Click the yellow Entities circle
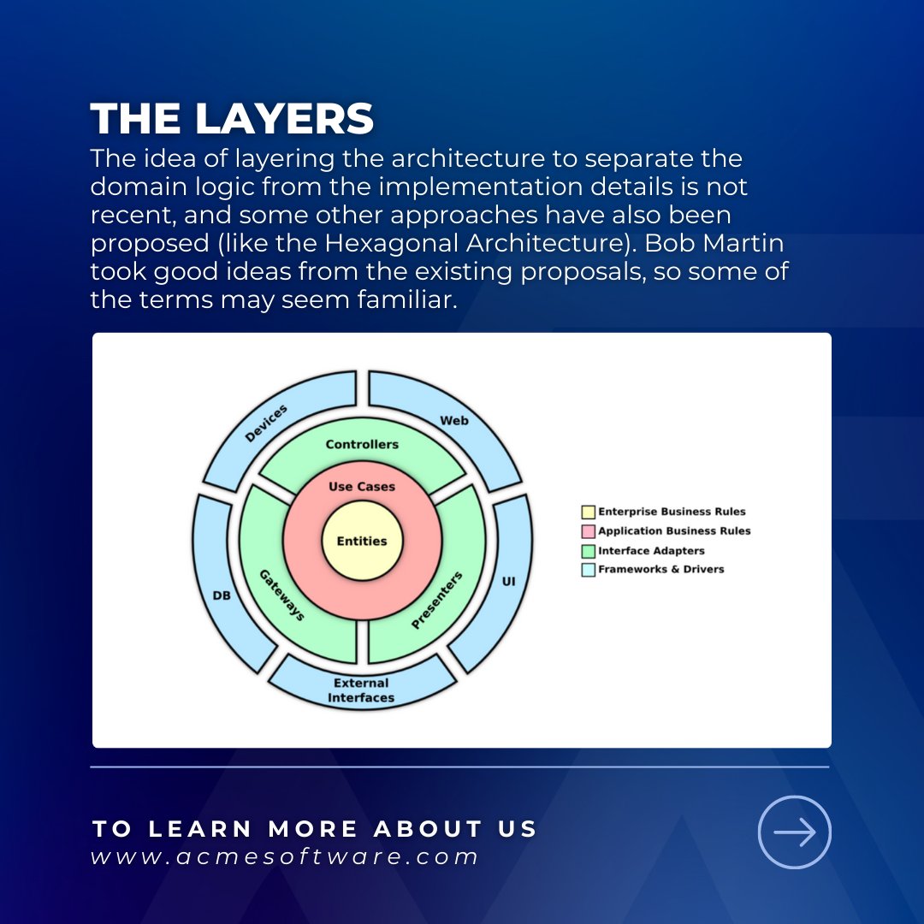(362, 541)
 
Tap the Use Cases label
(362, 487)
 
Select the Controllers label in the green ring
(362, 445)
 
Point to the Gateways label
(282, 594)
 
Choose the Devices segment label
(267, 423)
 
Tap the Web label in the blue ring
(454, 421)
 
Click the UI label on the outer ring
(509, 582)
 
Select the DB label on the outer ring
(221, 595)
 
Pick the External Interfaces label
(361, 690)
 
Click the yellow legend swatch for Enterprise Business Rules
(588, 512)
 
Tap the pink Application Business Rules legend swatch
(588, 531)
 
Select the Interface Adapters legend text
(651, 551)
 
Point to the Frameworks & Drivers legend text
(660, 570)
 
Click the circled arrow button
(795, 832)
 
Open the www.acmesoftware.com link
(284, 857)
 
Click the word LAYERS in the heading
(285, 120)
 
